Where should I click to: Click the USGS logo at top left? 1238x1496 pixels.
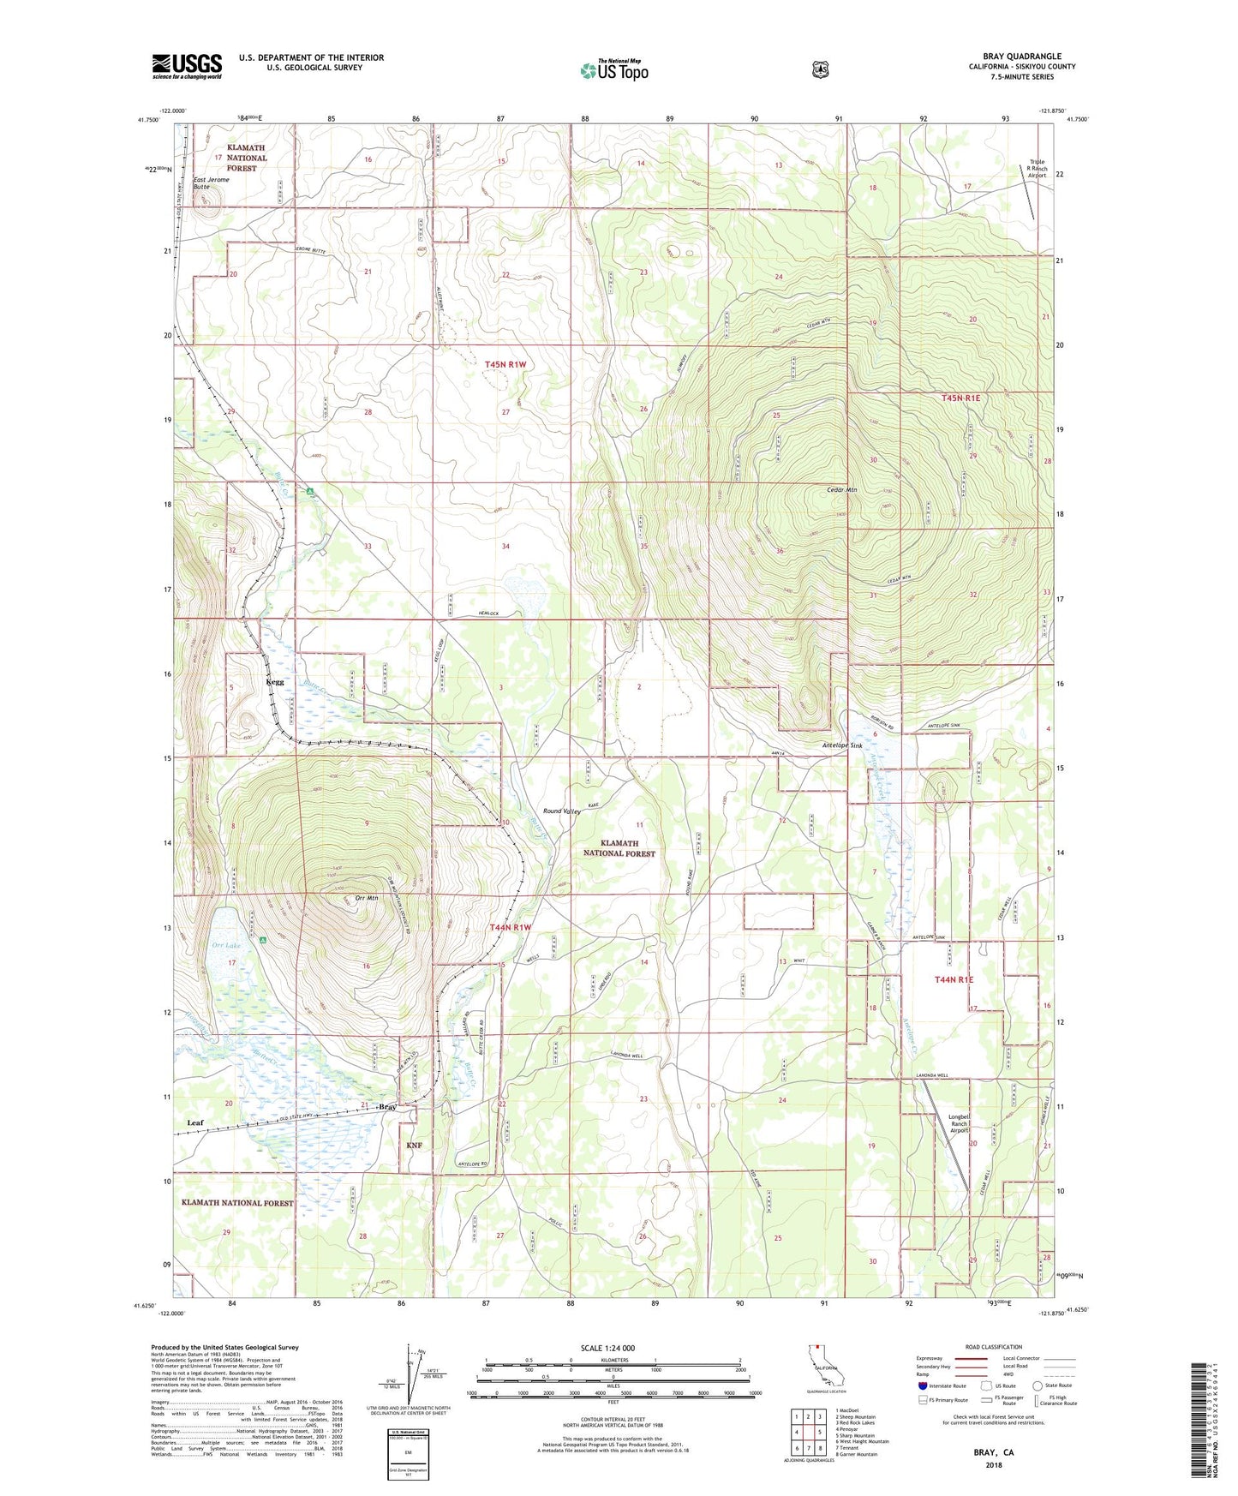pos(187,66)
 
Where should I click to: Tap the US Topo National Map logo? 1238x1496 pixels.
pos(613,70)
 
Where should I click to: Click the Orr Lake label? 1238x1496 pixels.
pos(226,945)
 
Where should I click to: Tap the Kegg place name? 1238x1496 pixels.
pos(275,682)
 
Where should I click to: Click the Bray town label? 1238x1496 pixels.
pos(387,1107)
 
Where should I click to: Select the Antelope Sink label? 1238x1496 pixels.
pos(842,745)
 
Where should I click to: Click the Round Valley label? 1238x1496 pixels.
pos(562,811)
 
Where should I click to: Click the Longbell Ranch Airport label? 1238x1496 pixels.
pos(959,1123)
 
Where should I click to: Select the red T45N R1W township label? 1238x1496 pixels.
pos(505,364)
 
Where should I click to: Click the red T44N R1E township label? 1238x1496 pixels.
pos(954,978)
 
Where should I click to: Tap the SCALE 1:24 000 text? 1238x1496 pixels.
pos(607,1348)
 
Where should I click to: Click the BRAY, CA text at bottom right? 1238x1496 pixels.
pos(993,1452)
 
